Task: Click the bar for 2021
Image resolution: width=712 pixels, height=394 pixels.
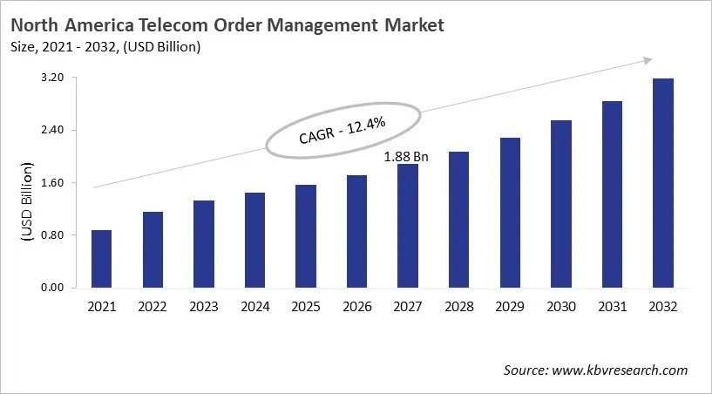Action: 101,259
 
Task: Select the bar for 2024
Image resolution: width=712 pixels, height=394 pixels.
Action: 254,240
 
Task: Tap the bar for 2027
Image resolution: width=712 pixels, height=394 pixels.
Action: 407,226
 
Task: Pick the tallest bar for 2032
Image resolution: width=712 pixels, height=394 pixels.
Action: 662,183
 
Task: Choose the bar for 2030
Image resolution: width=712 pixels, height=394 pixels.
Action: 560,204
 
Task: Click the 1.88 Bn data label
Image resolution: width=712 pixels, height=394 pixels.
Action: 407,156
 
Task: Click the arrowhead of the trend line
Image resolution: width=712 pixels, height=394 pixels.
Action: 648,59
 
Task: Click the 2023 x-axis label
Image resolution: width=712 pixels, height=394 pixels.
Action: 203,307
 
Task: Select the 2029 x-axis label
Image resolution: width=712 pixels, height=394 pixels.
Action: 509,307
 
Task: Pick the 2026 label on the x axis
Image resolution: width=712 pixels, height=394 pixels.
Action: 356,307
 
